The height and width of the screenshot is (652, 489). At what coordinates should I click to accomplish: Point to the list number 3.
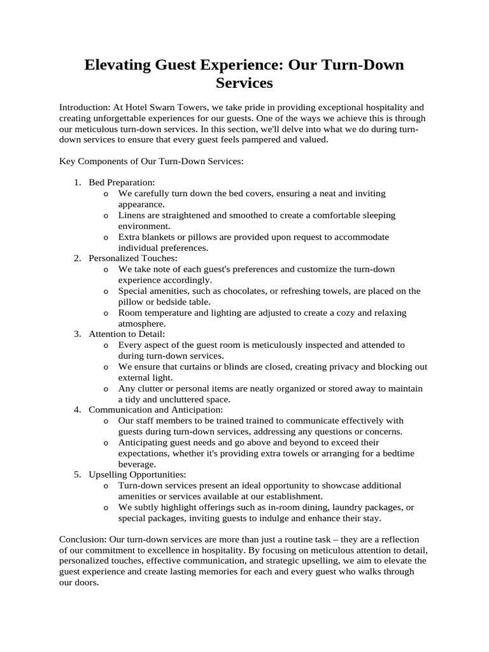click(x=77, y=334)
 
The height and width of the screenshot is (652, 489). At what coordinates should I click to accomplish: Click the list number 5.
click(x=77, y=474)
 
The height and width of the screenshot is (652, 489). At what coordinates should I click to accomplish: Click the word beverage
click(x=138, y=464)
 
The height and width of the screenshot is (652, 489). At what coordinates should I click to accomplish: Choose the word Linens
click(x=132, y=216)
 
